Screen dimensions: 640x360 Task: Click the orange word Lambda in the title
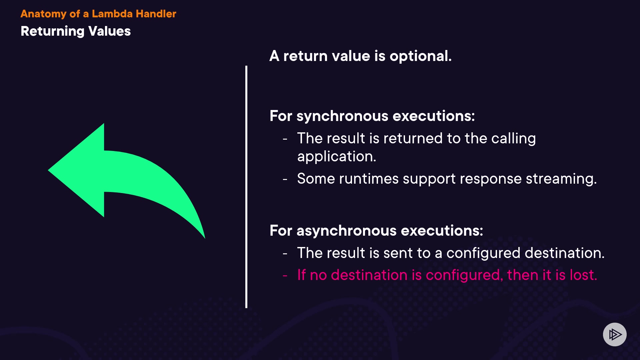112,14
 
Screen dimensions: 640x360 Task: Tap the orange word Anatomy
43,14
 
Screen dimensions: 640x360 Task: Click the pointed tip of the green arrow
49,170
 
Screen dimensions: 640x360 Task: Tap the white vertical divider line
246,187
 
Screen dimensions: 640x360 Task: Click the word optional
421,56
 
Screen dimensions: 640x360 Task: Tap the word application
337,157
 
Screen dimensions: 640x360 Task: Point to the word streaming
561,179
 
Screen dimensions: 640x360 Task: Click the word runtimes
369,179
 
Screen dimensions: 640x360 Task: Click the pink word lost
583,275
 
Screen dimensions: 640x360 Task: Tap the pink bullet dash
285,276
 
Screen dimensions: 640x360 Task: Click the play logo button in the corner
615,334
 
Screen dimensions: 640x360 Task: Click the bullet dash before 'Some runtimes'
285,179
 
